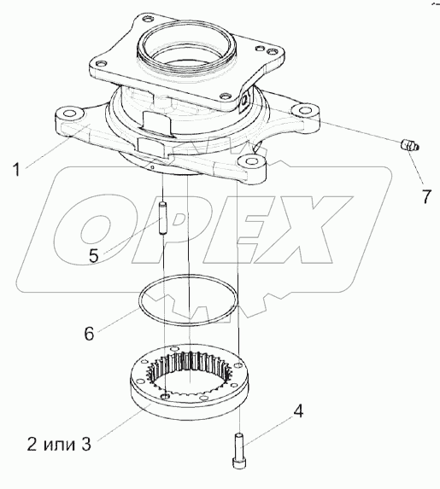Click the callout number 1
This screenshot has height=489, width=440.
click(x=16, y=171)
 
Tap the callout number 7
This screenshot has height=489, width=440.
click(x=426, y=196)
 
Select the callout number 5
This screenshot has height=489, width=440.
click(x=94, y=256)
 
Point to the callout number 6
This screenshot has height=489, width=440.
click(x=89, y=334)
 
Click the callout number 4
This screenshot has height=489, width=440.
click(x=298, y=411)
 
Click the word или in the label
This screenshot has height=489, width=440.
click(x=59, y=445)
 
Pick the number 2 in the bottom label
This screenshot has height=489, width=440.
click(x=32, y=444)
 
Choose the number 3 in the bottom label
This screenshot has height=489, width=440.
click(x=86, y=444)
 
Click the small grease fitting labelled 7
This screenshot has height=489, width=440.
click(x=409, y=146)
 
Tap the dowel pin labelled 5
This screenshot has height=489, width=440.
click(x=163, y=218)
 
